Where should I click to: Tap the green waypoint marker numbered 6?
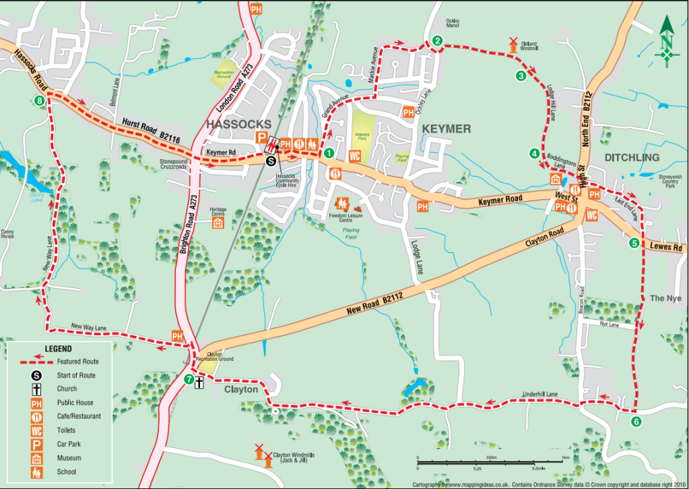(x=636, y=422)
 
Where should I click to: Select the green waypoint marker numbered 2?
(x=437, y=40)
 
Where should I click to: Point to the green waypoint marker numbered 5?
(x=634, y=243)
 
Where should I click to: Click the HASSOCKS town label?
(x=238, y=124)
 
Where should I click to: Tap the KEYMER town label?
(x=446, y=128)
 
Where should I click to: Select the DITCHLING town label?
(x=632, y=157)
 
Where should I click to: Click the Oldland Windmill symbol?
(x=513, y=45)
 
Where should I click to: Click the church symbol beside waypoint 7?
(x=199, y=383)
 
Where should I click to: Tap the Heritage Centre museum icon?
(x=218, y=223)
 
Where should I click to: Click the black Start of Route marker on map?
(x=271, y=161)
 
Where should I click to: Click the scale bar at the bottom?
(x=491, y=462)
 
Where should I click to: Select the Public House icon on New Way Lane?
(x=177, y=336)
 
